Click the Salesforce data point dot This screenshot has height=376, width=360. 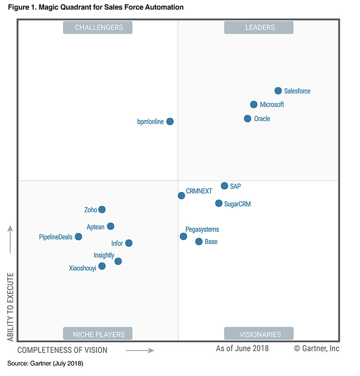click(x=278, y=91)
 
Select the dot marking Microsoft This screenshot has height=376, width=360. click(x=253, y=105)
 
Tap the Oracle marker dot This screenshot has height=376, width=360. click(x=247, y=119)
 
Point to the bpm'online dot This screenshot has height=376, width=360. click(x=170, y=121)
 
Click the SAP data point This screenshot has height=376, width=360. click(x=224, y=186)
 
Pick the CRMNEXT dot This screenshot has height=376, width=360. click(x=181, y=195)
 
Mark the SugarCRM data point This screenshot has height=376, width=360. click(x=219, y=204)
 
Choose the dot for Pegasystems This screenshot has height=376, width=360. click(x=183, y=236)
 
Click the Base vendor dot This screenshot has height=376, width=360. click(x=199, y=242)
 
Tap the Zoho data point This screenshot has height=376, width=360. click(x=102, y=209)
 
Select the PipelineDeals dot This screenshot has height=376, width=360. click(x=78, y=237)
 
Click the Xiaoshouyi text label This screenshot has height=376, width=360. click(x=83, y=268)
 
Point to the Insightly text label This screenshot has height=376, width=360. click(x=104, y=255)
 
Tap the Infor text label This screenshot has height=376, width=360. click(x=117, y=243)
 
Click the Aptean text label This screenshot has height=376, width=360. click(x=95, y=227)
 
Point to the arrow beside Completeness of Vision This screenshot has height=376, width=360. click(x=140, y=351)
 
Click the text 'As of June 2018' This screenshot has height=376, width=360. click(x=242, y=349)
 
